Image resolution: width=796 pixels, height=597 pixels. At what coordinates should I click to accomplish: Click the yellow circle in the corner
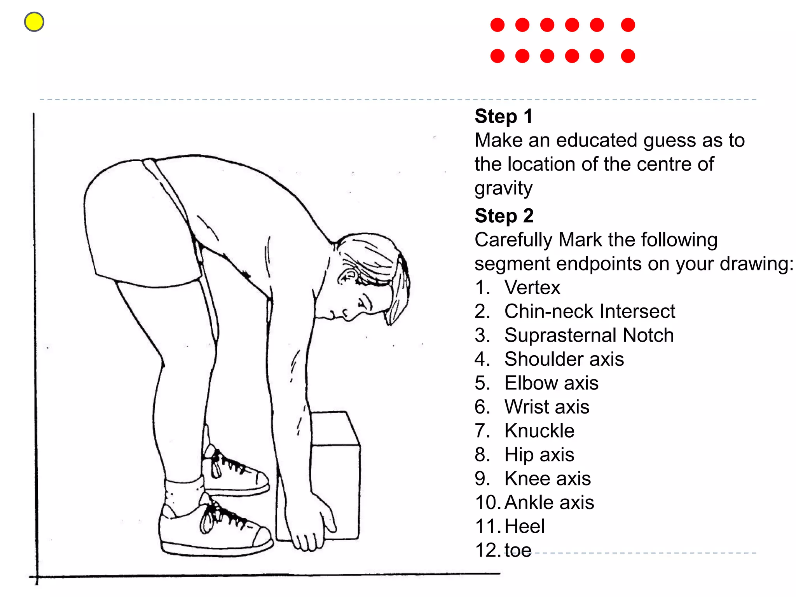(x=34, y=22)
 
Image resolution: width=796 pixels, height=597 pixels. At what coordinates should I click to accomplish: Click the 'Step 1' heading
(x=503, y=116)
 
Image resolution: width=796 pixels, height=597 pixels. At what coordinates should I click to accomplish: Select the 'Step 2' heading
(x=504, y=216)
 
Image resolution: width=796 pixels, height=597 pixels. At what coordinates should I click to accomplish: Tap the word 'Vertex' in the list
(x=532, y=288)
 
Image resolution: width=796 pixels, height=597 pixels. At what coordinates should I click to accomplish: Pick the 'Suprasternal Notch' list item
(x=589, y=335)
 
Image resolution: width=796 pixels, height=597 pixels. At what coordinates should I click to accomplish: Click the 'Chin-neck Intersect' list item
(x=590, y=311)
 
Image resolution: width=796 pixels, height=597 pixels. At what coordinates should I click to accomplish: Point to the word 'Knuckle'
(x=539, y=431)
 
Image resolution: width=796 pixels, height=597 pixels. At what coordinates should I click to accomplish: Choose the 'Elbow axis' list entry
(x=551, y=383)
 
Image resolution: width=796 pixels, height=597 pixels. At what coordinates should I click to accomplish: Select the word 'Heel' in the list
(x=525, y=526)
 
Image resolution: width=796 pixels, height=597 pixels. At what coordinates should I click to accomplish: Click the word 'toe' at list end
(x=518, y=550)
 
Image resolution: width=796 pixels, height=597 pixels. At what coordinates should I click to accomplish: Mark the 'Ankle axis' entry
(x=549, y=502)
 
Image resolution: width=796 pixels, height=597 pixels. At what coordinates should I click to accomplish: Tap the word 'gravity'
(x=503, y=189)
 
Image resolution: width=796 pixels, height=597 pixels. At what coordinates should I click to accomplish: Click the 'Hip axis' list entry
(x=539, y=455)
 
